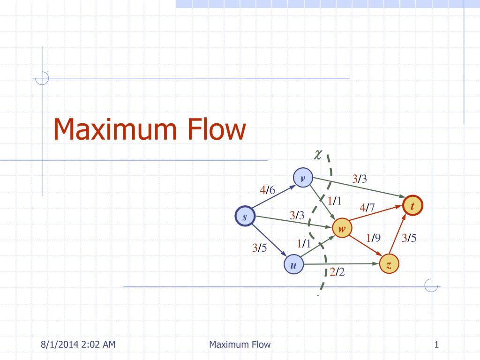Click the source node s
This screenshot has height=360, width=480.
pyautogui.click(x=245, y=217)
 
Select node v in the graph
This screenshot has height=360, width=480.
pyautogui.click(x=303, y=178)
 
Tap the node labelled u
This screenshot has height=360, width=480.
pyautogui.click(x=293, y=266)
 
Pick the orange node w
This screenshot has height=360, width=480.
pyautogui.click(x=342, y=228)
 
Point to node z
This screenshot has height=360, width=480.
pyautogui.click(x=389, y=265)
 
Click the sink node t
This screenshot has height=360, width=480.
pyautogui.click(x=412, y=206)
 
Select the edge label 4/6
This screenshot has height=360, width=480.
pyautogui.click(x=268, y=190)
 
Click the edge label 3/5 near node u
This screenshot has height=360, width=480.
pyautogui.click(x=259, y=248)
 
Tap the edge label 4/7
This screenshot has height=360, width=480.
pyautogui.click(x=367, y=207)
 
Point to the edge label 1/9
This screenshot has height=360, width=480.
pyautogui.click(x=373, y=238)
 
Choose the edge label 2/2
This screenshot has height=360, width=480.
pyautogui.click(x=337, y=272)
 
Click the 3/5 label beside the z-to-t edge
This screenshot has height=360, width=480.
pyautogui.click(x=409, y=238)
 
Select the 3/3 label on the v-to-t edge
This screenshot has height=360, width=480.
pyautogui.click(x=360, y=179)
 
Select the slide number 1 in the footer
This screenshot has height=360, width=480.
pyautogui.click(x=436, y=345)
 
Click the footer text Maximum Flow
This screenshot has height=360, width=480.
pyautogui.click(x=240, y=345)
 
